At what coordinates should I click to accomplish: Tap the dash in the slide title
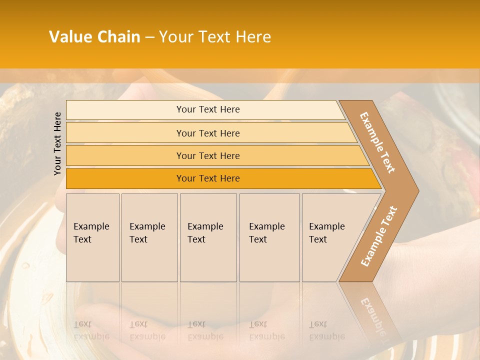coord(149,37)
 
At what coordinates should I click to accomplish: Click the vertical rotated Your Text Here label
coord(58,144)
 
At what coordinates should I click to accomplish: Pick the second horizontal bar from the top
coord(207,133)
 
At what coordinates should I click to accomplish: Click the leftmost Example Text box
coord(92,237)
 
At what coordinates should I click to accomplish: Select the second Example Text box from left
coord(149,237)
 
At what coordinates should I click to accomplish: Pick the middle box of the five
coord(208,237)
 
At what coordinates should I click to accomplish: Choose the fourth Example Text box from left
coord(269,237)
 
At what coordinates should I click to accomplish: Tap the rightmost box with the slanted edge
coord(330,237)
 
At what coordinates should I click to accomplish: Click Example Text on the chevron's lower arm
coord(379,236)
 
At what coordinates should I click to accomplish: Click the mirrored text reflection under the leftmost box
coord(91,330)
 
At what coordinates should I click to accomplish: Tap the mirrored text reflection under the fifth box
coord(326,330)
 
